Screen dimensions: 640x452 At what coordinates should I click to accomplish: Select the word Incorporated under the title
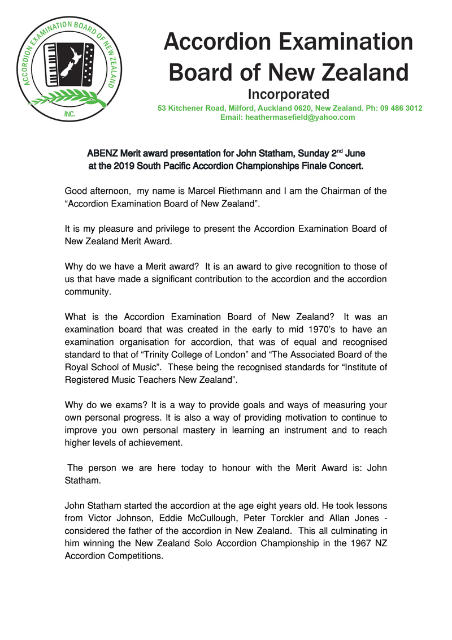pyautogui.click(x=289, y=93)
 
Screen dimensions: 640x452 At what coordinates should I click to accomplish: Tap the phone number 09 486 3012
pyautogui.click(x=401, y=108)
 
